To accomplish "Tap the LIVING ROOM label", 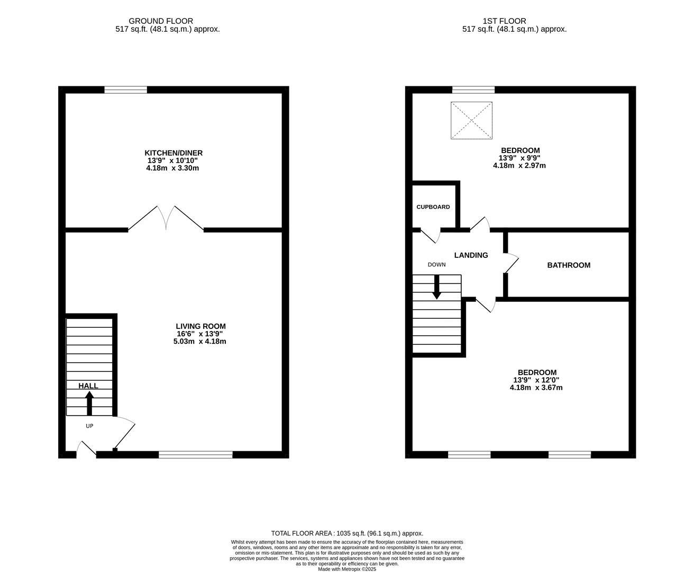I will tap(200, 326).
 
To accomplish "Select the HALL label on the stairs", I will tap(88, 386).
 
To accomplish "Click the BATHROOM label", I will tap(569, 265).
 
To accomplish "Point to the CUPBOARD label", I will tap(433, 207).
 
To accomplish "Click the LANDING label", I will tap(471, 255).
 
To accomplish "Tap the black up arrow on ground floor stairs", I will tap(89, 403).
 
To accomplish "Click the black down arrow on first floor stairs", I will tap(436, 287).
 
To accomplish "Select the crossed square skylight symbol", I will tap(471, 120).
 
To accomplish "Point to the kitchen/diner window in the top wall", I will tap(125, 90).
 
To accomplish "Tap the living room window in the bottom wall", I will tap(195, 454).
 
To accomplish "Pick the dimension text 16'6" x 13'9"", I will tap(200, 334).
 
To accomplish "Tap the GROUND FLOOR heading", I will tap(153, 21).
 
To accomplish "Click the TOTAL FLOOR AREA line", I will tap(347, 533).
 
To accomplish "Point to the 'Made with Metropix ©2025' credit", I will tap(347, 569).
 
